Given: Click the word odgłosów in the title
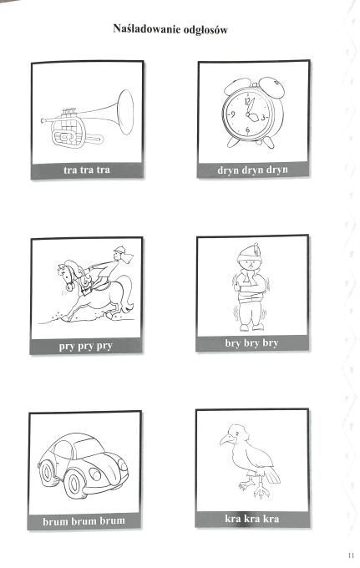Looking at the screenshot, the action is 205,30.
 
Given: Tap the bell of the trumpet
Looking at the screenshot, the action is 126,112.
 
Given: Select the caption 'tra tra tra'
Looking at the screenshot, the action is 87,170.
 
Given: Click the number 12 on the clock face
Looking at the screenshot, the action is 248,101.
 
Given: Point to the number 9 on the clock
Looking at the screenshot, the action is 232,114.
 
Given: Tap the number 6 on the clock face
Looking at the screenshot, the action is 248,129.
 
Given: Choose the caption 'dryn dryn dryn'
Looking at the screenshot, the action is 252,170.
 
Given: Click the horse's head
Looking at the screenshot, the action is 68,276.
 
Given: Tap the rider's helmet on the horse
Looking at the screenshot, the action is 119,250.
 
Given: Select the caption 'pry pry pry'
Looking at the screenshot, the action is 85,346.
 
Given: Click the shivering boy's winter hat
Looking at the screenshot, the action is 249,251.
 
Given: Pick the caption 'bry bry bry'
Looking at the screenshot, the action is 251,342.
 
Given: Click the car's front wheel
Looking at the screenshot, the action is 74,484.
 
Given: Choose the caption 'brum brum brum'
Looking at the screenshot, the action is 84,521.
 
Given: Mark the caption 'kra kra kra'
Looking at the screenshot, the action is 251,519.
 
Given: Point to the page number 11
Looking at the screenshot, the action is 351,555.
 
